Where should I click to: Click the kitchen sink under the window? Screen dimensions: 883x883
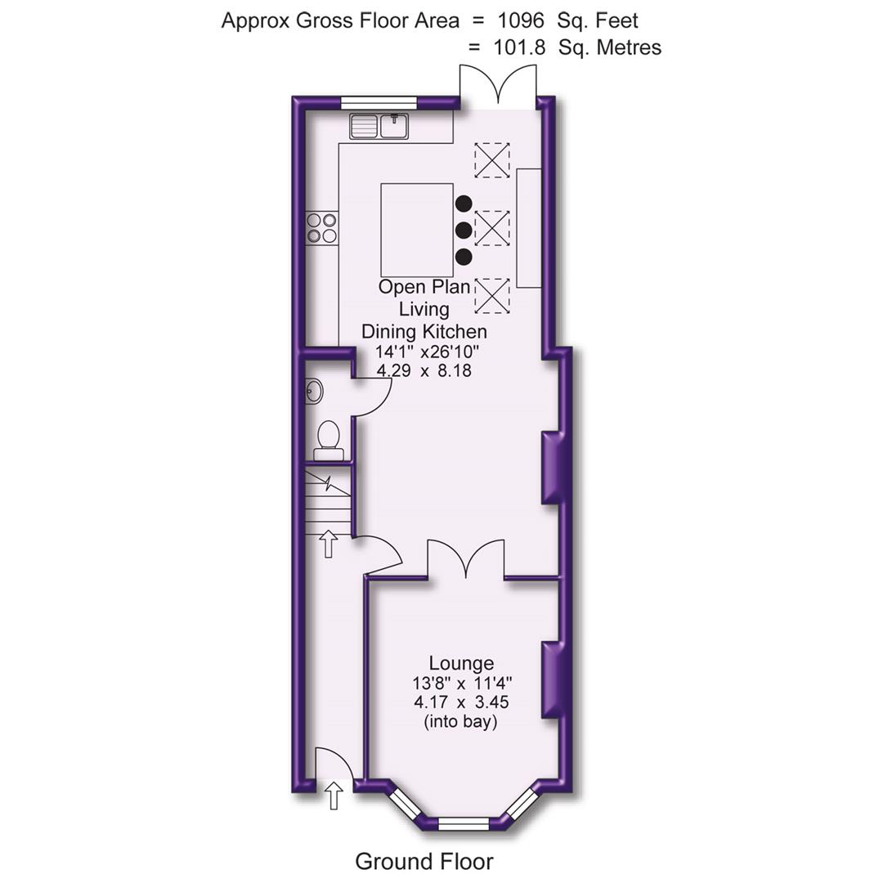tap(379, 127)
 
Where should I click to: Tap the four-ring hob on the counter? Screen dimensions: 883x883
tap(321, 227)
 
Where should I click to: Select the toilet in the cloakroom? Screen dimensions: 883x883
tap(329, 436)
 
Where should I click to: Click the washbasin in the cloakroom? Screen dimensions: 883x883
tap(315, 391)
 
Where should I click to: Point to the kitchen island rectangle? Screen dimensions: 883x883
tap(417, 230)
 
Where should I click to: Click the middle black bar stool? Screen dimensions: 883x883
tap(464, 230)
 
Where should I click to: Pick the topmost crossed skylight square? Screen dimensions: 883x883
tap(492, 159)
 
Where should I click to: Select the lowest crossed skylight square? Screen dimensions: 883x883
tap(492, 295)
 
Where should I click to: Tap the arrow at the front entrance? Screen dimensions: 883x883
tap(334, 795)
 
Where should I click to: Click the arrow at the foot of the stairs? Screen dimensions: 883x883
tap(329, 543)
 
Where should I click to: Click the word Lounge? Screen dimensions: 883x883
tap(462, 663)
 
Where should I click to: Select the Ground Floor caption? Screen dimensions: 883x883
tap(424, 861)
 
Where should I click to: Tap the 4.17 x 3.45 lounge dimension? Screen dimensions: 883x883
tap(463, 702)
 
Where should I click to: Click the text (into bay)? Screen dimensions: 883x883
tap(462, 722)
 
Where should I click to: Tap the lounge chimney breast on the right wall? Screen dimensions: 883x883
tap(553, 679)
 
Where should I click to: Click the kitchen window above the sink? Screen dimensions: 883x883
tap(379, 102)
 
